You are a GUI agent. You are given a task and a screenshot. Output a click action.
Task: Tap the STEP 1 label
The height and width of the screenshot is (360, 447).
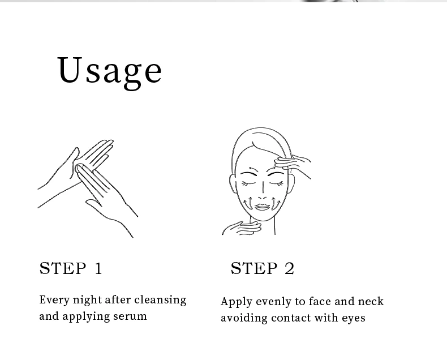pos(70,268)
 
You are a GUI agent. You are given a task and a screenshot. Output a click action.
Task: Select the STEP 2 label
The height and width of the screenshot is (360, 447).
pos(263,268)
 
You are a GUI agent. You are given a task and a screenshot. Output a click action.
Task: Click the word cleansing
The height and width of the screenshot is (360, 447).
pos(160,301)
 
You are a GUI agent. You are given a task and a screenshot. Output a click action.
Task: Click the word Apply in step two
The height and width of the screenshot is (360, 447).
pos(237,302)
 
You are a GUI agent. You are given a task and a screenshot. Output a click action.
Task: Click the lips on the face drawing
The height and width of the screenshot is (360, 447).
pos(263,207)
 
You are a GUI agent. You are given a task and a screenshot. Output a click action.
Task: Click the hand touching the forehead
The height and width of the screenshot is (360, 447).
pos(292,165)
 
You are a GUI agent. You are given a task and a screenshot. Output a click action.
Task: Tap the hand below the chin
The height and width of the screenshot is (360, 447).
pos(242,228)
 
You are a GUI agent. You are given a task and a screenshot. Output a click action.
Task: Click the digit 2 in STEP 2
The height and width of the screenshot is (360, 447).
pos(289,268)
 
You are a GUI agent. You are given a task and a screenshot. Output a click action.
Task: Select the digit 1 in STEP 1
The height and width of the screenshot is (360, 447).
pos(98,268)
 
